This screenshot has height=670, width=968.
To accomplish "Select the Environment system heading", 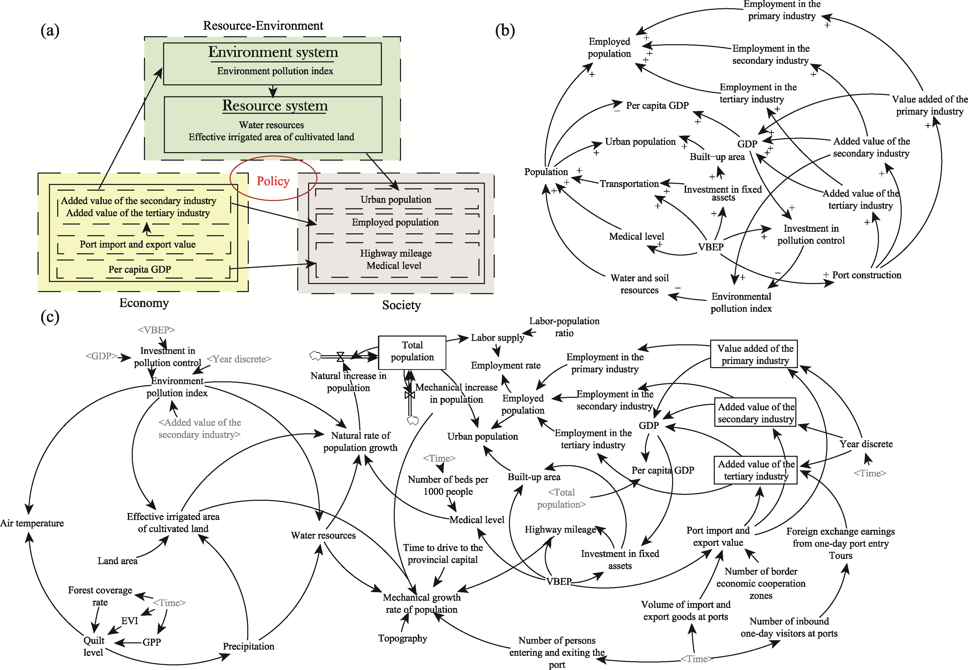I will click(x=273, y=52).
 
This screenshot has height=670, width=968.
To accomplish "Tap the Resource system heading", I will click(x=275, y=105).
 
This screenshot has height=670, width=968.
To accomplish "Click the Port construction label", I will click(x=866, y=275).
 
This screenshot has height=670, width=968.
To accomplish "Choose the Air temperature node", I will click(x=32, y=523).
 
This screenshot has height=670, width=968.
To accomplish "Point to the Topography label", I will click(x=403, y=638).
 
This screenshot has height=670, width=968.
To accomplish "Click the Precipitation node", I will click(x=248, y=646).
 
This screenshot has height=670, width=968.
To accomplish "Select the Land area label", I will click(x=117, y=561).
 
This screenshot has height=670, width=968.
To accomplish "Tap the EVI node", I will click(x=129, y=621).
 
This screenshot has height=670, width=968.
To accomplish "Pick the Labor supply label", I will click(x=497, y=338).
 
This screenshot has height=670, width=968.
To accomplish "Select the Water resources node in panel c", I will click(x=323, y=535).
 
